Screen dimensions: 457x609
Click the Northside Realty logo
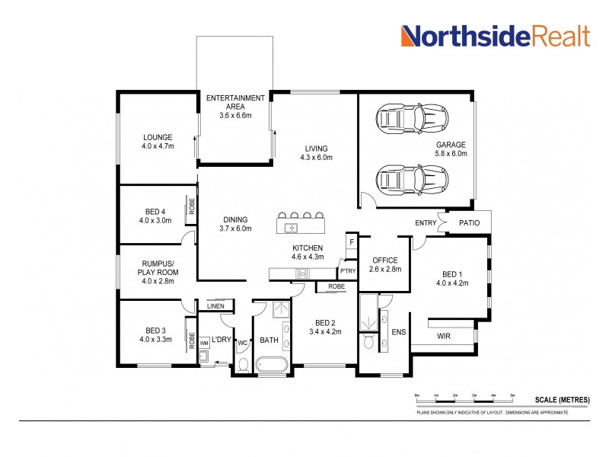[x=495, y=36]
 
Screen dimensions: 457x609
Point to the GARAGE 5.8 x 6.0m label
[x=451, y=149]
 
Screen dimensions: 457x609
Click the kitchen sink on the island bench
[x=291, y=227]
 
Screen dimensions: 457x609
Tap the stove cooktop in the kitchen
[x=301, y=273]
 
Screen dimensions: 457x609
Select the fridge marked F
[x=351, y=241]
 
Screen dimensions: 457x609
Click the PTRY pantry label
[x=348, y=270]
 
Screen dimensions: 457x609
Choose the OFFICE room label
[x=384, y=264]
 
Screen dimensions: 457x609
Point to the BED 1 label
[x=451, y=279]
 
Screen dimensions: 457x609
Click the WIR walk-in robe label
[x=445, y=336]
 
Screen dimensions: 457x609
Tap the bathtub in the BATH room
[x=272, y=366]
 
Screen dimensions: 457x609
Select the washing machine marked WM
[x=204, y=344]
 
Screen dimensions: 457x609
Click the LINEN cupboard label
[x=215, y=307]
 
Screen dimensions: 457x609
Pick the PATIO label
[x=470, y=223]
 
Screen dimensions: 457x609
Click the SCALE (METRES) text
[x=562, y=399]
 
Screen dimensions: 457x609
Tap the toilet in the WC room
[x=244, y=365]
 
